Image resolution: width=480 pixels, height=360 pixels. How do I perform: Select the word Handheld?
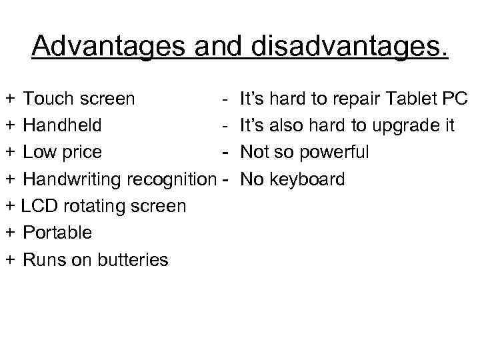coord(62,125)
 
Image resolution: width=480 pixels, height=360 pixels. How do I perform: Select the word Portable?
coord(57,233)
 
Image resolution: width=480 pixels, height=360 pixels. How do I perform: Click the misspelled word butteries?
coord(133,259)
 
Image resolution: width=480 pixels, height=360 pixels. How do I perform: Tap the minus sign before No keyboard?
coord(225,179)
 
